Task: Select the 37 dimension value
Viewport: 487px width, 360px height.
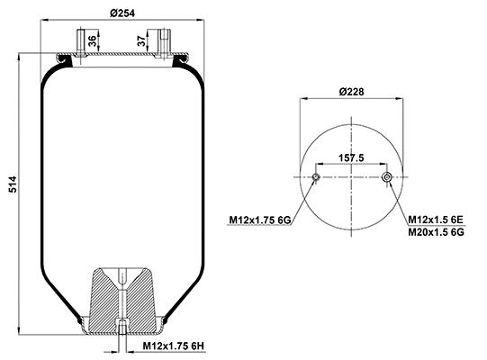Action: tap(141, 41)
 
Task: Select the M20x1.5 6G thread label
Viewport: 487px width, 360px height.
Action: tap(436, 231)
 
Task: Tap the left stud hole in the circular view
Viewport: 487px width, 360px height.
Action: tap(315, 177)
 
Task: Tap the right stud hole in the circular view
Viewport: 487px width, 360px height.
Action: tap(386, 177)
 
